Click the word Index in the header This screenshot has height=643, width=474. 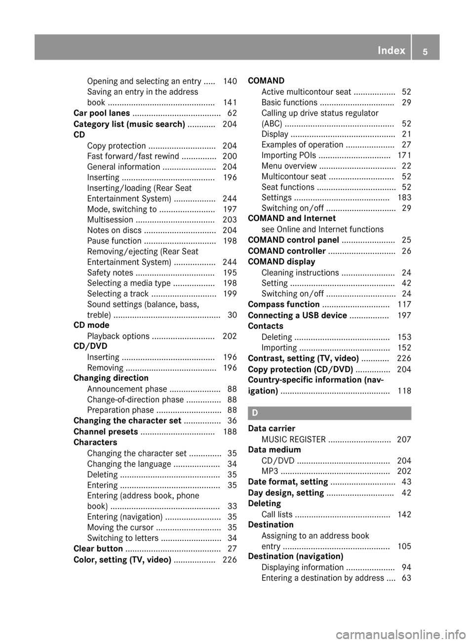[x=391, y=50]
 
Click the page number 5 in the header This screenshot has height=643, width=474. [x=425, y=51]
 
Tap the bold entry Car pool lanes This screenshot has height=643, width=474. [x=102, y=114]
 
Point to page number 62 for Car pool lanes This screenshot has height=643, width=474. [x=232, y=114]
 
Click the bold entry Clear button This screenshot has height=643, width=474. [x=98, y=549]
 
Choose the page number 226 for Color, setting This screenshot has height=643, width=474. [x=230, y=560]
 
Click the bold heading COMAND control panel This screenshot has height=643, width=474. [x=293, y=241]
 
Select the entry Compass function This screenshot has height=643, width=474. [x=283, y=305]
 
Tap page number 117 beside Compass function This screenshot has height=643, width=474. [x=404, y=305]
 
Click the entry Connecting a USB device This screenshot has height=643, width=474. [x=297, y=316]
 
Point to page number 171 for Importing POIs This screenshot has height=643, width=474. [x=404, y=156]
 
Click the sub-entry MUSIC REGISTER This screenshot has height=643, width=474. [x=293, y=440]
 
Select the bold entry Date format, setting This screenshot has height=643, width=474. [x=288, y=482]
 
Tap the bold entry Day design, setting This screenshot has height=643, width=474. [x=286, y=493]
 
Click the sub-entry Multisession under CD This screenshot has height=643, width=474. [x=110, y=220]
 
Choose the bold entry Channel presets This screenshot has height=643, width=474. [x=106, y=432]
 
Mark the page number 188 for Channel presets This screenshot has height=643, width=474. [x=230, y=432]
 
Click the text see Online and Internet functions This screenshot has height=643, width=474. [x=322, y=230]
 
